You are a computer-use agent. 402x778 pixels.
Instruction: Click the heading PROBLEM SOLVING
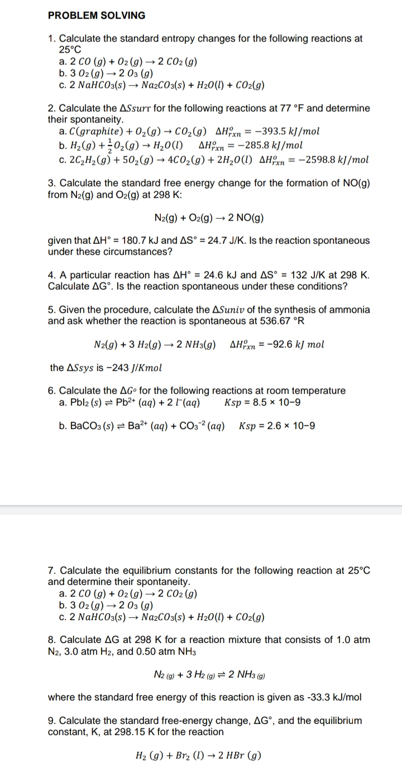point(96,16)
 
